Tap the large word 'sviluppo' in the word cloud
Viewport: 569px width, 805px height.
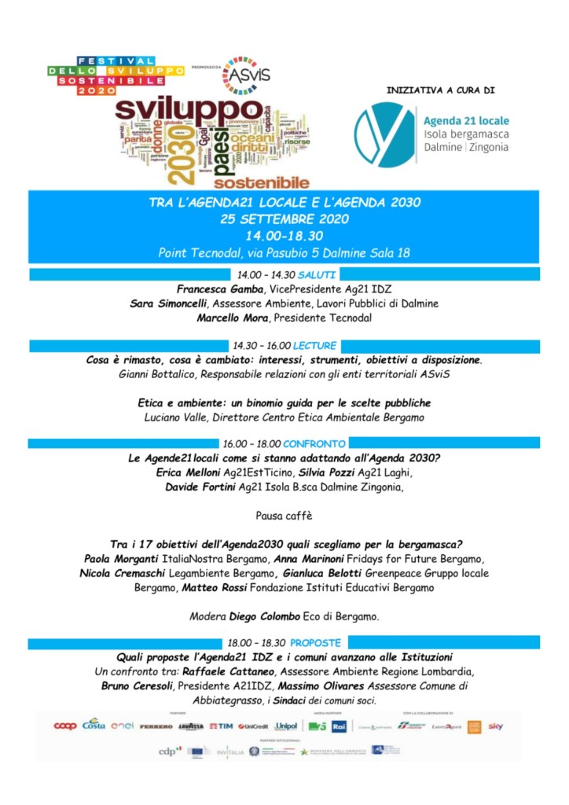(x=189, y=108)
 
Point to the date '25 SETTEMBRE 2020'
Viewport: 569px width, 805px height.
(x=284, y=218)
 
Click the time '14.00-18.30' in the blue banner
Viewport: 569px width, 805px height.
(x=284, y=235)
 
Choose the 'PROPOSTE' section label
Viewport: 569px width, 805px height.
(x=315, y=642)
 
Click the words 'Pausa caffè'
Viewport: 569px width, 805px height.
(x=284, y=516)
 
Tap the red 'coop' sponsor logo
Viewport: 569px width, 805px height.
(x=64, y=726)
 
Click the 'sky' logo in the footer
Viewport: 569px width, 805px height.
(x=495, y=726)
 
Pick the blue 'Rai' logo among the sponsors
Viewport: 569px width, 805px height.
(x=339, y=726)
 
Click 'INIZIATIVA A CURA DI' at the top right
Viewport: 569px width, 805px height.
(x=440, y=90)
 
